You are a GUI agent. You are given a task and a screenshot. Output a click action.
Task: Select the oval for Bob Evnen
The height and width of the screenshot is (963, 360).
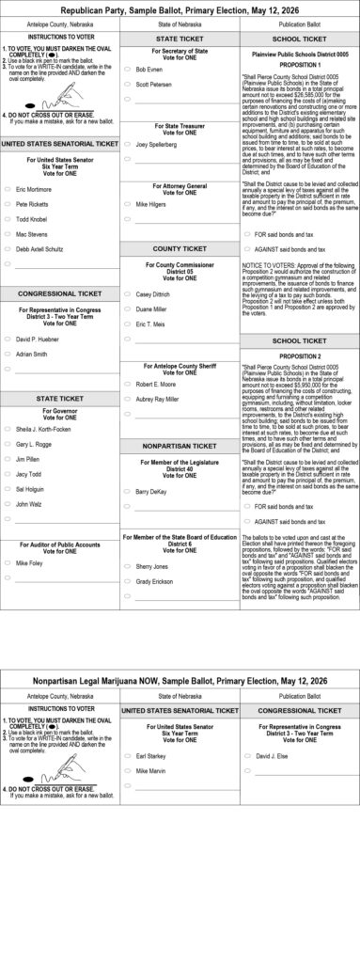click(x=128, y=70)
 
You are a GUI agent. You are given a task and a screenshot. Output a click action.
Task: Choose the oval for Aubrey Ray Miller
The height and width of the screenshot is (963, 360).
click(x=128, y=399)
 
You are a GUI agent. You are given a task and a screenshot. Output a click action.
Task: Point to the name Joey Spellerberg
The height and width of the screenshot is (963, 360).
click(x=156, y=145)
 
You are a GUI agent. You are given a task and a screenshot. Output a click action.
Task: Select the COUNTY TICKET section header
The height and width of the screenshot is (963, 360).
click(x=180, y=248)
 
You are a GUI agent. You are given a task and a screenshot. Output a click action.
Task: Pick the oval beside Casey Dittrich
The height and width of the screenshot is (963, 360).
click(x=128, y=294)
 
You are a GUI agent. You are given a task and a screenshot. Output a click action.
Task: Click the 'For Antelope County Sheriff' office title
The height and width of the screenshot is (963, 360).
click(x=180, y=366)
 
